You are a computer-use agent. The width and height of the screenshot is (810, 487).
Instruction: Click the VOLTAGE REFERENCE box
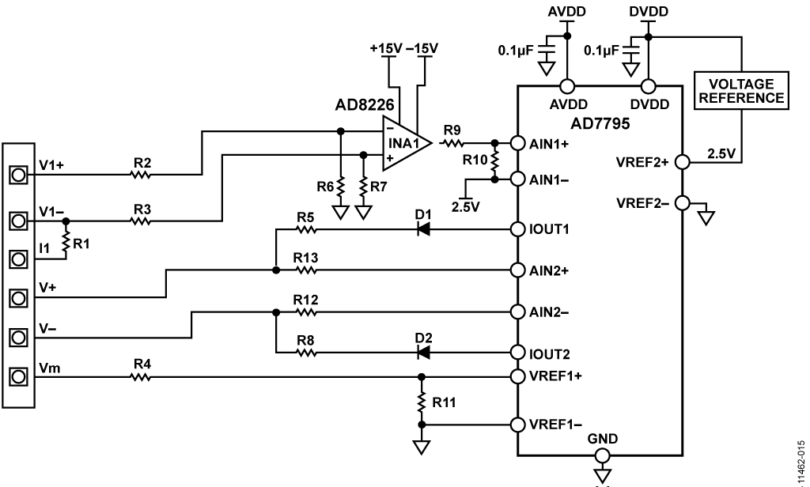tap(741, 90)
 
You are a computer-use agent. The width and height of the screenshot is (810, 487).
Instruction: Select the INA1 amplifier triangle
tap(406, 143)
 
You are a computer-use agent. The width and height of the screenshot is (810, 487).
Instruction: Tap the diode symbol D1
tap(424, 229)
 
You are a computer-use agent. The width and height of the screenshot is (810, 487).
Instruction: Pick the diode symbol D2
tap(424, 353)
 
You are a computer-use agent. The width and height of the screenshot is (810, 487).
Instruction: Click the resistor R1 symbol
tap(66, 242)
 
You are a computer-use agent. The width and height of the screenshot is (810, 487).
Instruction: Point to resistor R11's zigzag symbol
tap(422, 402)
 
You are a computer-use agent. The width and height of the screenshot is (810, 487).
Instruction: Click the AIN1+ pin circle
tap(517, 143)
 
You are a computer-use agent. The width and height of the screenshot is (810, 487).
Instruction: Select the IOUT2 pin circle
tap(517, 353)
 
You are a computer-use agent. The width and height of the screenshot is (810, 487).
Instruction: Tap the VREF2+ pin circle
tap(683, 162)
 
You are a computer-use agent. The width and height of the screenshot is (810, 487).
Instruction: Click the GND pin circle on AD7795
tap(602, 455)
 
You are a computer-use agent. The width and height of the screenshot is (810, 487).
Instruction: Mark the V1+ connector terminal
tap(18, 175)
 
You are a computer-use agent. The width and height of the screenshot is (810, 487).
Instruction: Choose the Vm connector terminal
tap(18, 376)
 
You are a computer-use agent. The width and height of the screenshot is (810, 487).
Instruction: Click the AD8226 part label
tap(364, 105)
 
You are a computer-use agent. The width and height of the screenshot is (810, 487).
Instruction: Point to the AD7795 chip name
tap(600, 123)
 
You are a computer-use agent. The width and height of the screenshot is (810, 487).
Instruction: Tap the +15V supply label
tap(385, 48)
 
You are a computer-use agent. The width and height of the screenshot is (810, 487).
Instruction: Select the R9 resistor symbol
tap(452, 143)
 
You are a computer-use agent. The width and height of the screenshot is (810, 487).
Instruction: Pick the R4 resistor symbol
tap(141, 377)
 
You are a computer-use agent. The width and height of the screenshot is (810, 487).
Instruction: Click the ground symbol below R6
tap(340, 212)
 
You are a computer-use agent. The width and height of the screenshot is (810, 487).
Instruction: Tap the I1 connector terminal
tap(18, 259)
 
